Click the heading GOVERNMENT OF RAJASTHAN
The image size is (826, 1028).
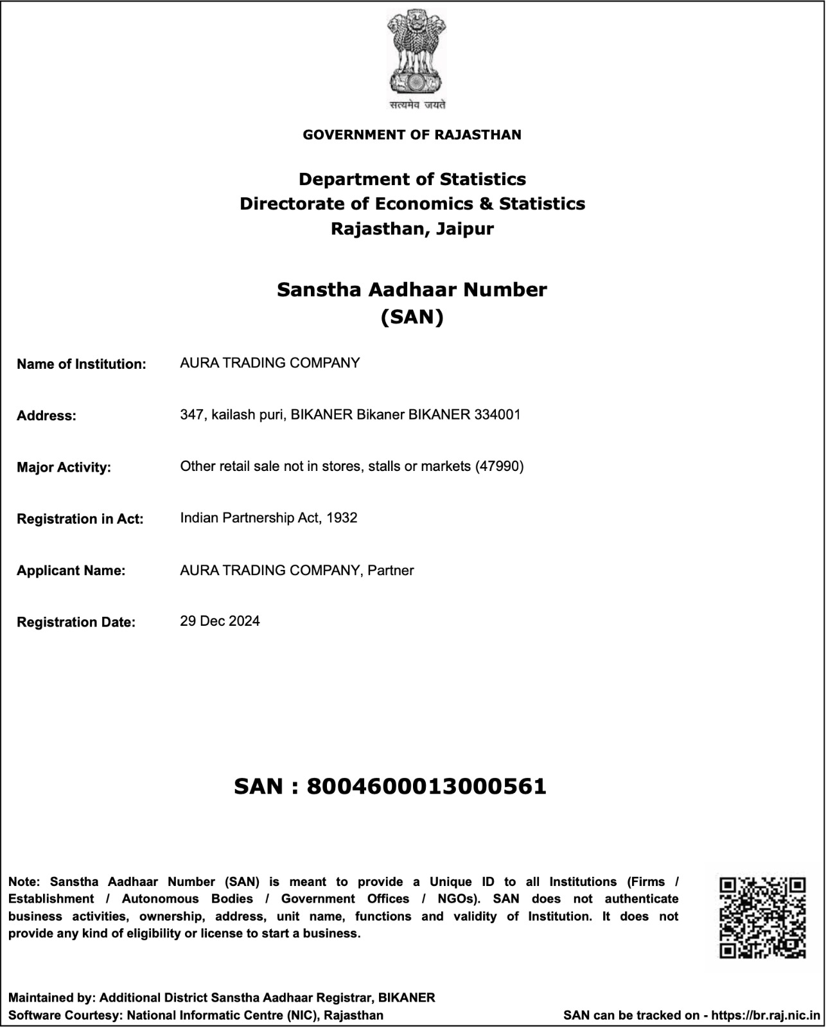tap(412, 135)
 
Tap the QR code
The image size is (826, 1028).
tap(762, 918)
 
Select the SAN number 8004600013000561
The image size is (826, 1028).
tap(426, 786)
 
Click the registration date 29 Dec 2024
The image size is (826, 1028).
tap(220, 621)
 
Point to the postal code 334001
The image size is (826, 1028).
tap(497, 414)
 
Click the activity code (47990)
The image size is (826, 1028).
tap(500, 466)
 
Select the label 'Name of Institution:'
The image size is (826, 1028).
tap(82, 364)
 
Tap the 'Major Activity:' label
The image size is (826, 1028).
tap(64, 468)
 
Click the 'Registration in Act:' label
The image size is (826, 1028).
tap(80, 519)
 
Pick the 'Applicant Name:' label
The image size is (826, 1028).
tap(71, 571)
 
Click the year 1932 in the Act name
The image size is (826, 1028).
tap(342, 518)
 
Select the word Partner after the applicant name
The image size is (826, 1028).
tap(391, 571)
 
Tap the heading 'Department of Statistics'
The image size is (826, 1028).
tap(412, 179)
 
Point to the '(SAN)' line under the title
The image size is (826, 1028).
tap(412, 317)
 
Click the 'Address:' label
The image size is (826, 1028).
tap(46, 416)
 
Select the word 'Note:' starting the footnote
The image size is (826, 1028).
tap(24, 882)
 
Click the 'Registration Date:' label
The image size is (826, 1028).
tap(76, 623)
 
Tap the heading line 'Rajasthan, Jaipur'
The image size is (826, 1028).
tap(412, 229)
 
